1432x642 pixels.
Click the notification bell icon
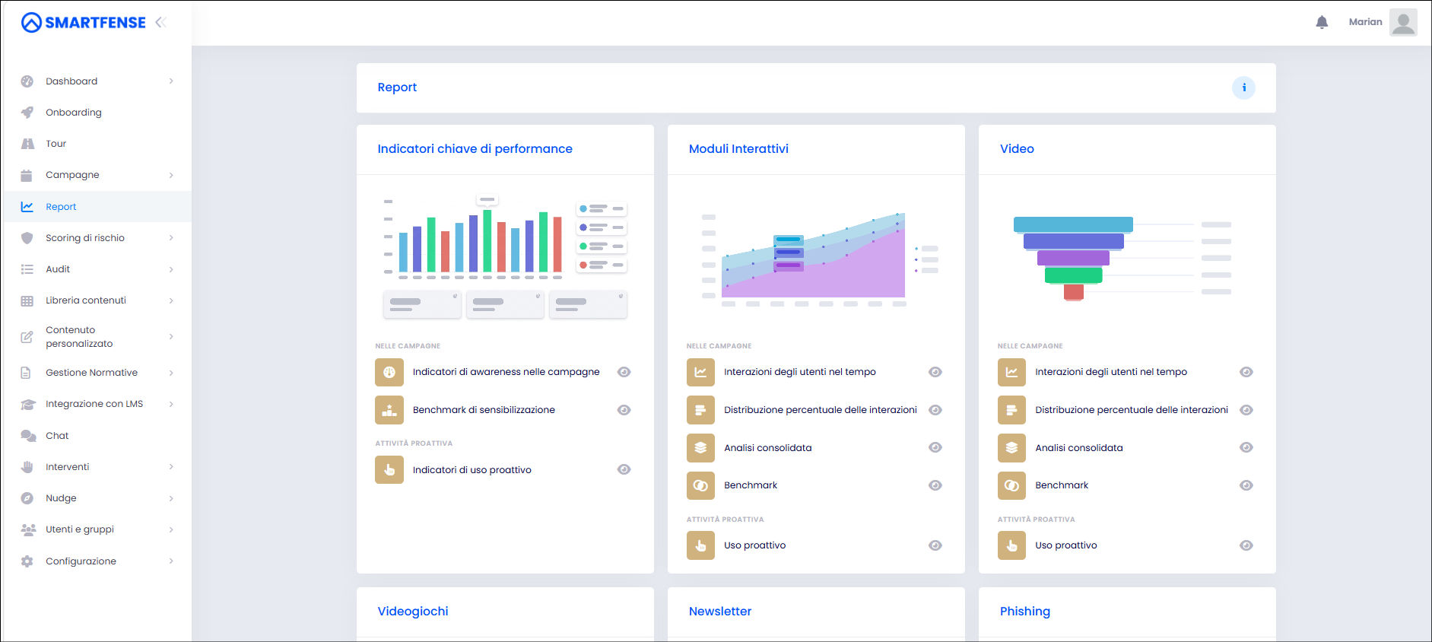[x=1322, y=22]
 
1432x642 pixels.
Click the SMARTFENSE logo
[x=84, y=23]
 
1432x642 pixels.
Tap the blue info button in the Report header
[x=1243, y=87]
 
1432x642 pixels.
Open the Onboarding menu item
[x=74, y=113]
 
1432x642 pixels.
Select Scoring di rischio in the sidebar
[x=85, y=238]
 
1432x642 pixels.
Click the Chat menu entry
[x=57, y=436]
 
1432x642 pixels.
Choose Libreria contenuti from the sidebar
[x=86, y=300]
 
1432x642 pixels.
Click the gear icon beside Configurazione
[x=27, y=561]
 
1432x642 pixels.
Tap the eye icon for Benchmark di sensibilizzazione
[x=624, y=410]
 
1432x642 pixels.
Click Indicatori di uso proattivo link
[x=472, y=470]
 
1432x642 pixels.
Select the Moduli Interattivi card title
[x=738, y=149]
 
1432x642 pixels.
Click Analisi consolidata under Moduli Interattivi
[x=768, y=448]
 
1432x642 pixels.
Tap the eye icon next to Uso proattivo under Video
[x=1246, y=545]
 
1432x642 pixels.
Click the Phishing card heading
[x=1025, y=612]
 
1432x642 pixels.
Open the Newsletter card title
[x=720, y=612]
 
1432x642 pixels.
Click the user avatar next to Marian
[x=1403, y=22]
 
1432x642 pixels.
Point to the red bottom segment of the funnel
[x=1074, y=292]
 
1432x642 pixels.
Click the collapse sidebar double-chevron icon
[x=160, y=22]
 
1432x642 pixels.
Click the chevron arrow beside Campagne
[x=171, y=175]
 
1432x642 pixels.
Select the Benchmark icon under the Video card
[x=1011, y=485]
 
